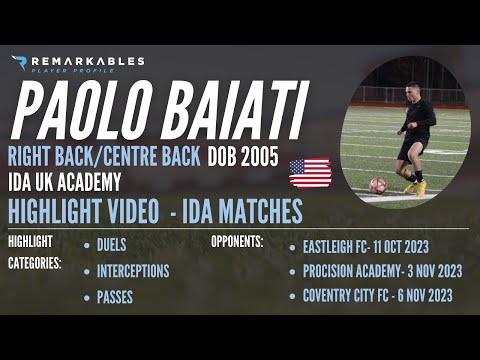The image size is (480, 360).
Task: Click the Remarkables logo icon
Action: (18, 63)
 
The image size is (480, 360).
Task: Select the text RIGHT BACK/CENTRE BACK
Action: (104, 160)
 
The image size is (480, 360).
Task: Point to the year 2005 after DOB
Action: (268, 160)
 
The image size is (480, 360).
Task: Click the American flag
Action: (310, 173)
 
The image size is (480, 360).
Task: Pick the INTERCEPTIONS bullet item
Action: (133, 270)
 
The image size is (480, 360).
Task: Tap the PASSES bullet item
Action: (116, 297)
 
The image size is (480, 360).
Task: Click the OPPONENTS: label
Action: (237, 242)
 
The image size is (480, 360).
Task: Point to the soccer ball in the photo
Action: (377, 185)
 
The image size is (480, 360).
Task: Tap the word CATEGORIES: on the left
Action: (34, 263)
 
